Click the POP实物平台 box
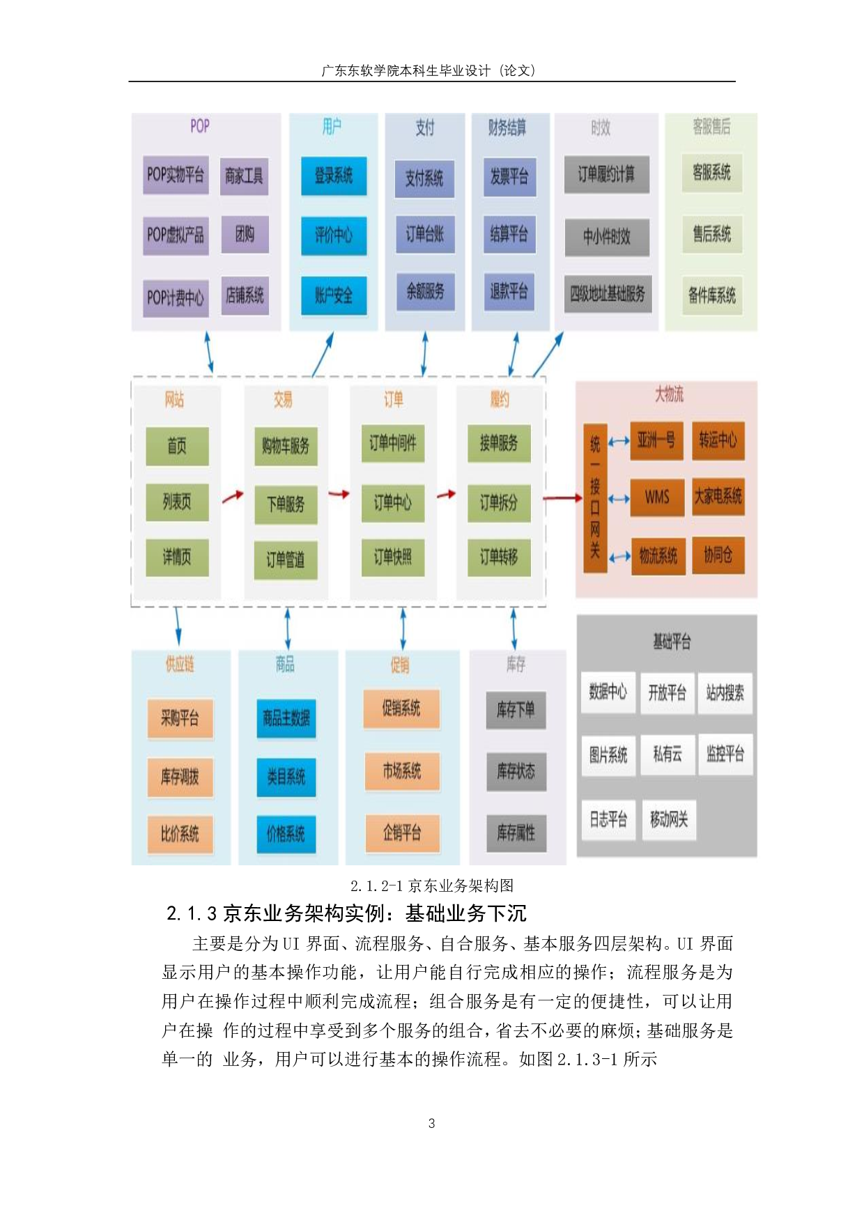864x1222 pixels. (x=176, y=175)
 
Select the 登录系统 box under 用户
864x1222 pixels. (x=334, y=176)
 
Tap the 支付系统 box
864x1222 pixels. (x=424, y=178)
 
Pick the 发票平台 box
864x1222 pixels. (x=509, y=176)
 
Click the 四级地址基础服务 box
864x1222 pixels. (x=608, y=294)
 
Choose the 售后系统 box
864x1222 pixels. (x=711, y=234)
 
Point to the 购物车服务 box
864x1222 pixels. (x=286, y=446)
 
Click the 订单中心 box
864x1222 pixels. (x=392, y=502)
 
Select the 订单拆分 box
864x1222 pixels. (x=498, y=502)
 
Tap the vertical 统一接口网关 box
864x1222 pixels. (x=595, y=497)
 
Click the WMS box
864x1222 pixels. (x=656, y=497)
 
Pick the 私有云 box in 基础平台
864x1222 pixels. (x=667, y=754)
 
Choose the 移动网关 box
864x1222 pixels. (x=669, y=819)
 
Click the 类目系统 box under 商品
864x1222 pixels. (x=286, y=776)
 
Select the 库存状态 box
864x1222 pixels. (x=516, y=771)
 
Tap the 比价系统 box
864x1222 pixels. (x=180, y=834)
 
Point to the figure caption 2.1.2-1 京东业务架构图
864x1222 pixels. (x=432, y=885)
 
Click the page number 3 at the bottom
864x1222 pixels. (x=432, y=1123)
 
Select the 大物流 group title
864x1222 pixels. (x=669, y=395)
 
